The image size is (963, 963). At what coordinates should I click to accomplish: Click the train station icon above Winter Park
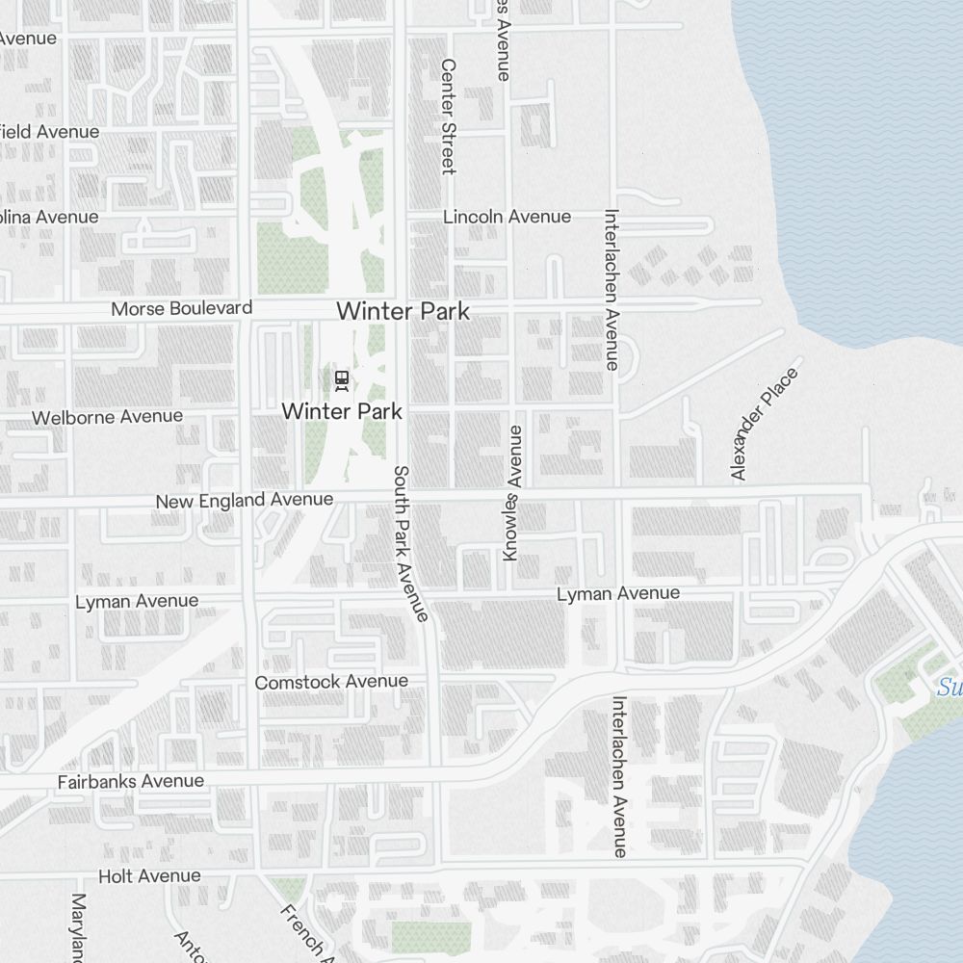coord(341,379)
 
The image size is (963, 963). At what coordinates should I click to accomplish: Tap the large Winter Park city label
coord(403,311)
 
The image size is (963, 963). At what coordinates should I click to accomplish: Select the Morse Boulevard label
coord(182,308)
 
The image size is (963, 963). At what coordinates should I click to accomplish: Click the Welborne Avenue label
coord(107,417)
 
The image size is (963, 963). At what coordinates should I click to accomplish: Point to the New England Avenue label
coord(245,501)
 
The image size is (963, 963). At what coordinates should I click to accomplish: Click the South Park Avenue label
coord(410,544)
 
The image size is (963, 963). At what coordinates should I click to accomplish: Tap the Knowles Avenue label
coord(512,493)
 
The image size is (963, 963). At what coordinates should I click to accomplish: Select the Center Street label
coord(448,117)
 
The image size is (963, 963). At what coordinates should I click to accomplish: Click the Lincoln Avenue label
coord(507,217)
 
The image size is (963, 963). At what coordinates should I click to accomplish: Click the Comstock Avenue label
coord(331,682)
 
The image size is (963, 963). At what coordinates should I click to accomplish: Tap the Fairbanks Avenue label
coord(131,781)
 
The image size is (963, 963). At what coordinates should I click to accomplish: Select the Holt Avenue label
coord(149,876)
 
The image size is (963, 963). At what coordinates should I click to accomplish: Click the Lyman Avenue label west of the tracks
coord(137,602)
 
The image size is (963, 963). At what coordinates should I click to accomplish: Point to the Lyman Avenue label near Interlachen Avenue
coord(617,594)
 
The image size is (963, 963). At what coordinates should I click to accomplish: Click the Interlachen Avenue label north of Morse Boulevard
coord(611,290)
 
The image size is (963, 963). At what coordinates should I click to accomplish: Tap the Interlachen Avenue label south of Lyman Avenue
coord(618,776)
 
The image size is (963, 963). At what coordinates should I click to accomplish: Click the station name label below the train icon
coord(341,411)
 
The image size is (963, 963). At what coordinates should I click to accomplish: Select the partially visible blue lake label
coord(950,688)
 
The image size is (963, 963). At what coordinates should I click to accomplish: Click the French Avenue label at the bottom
coord(306,932)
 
